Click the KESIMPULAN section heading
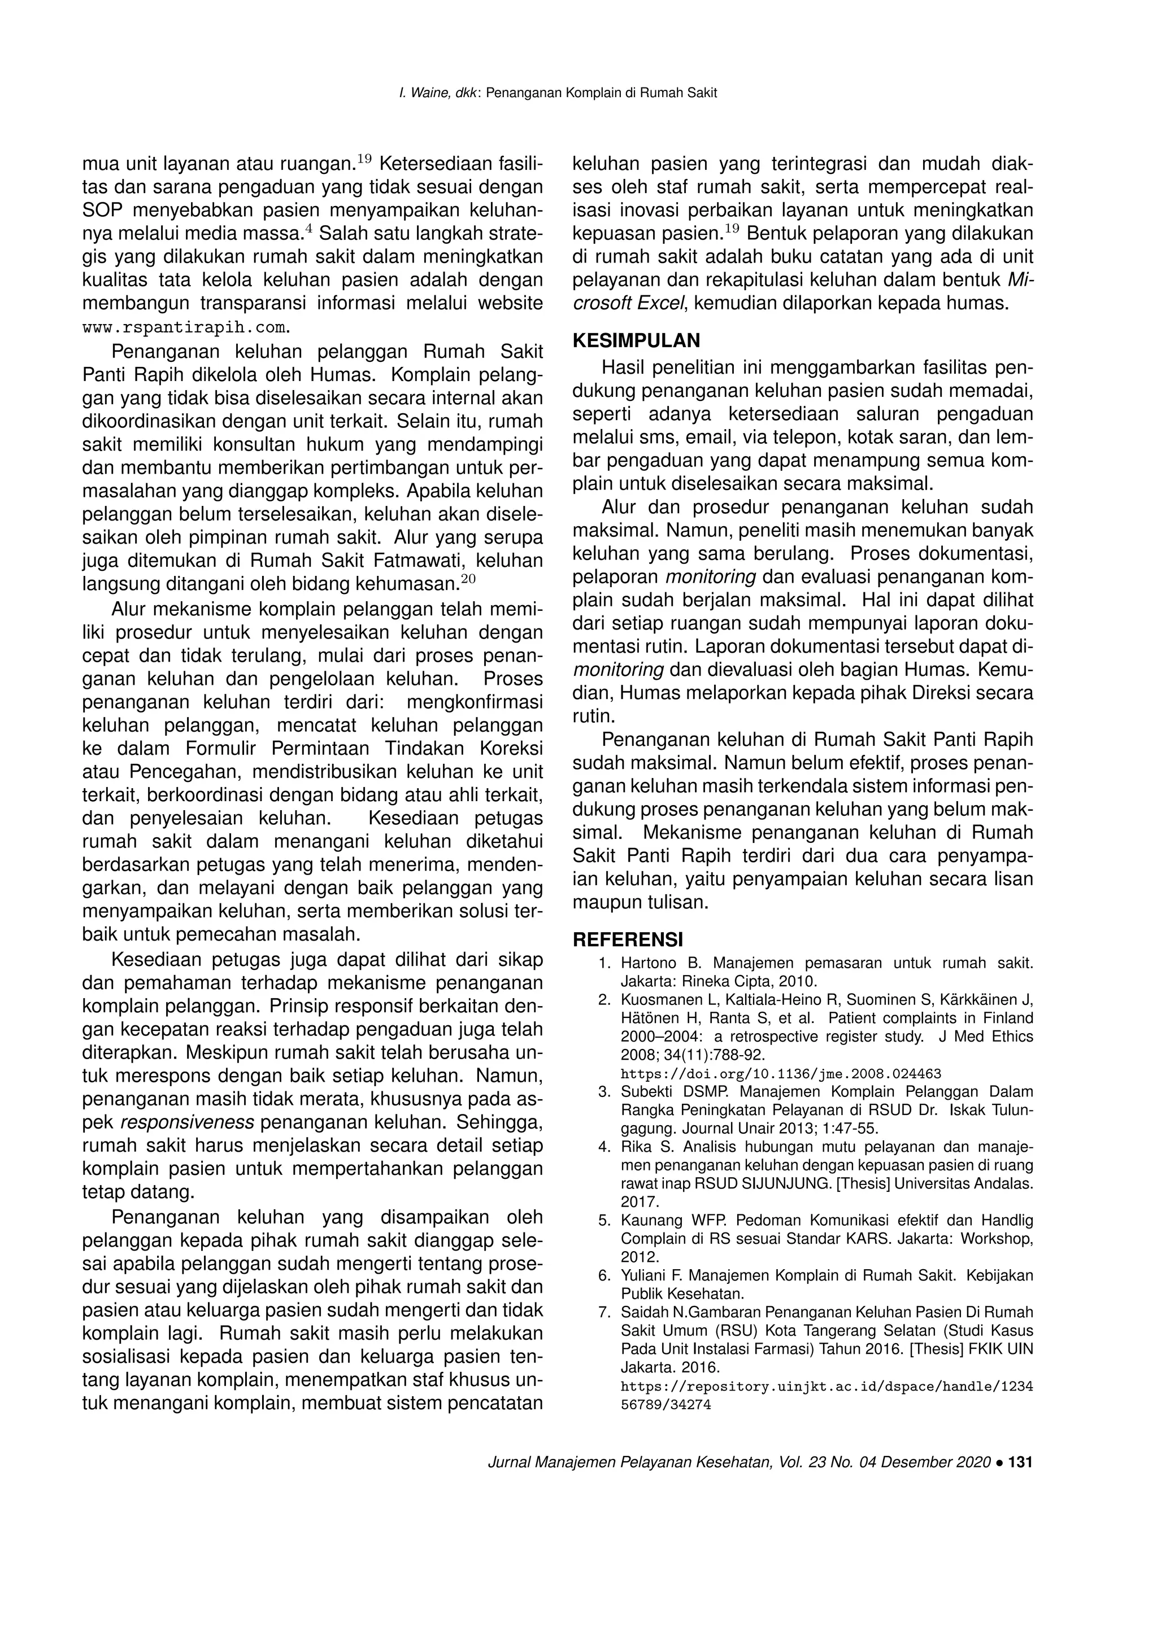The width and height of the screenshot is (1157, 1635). [x=636, y=340]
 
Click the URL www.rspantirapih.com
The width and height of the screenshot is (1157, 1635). [x=186, y=327]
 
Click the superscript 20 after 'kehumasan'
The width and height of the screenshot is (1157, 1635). [x=468, y=578]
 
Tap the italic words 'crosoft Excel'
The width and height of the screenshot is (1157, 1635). [x=628, y=303]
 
